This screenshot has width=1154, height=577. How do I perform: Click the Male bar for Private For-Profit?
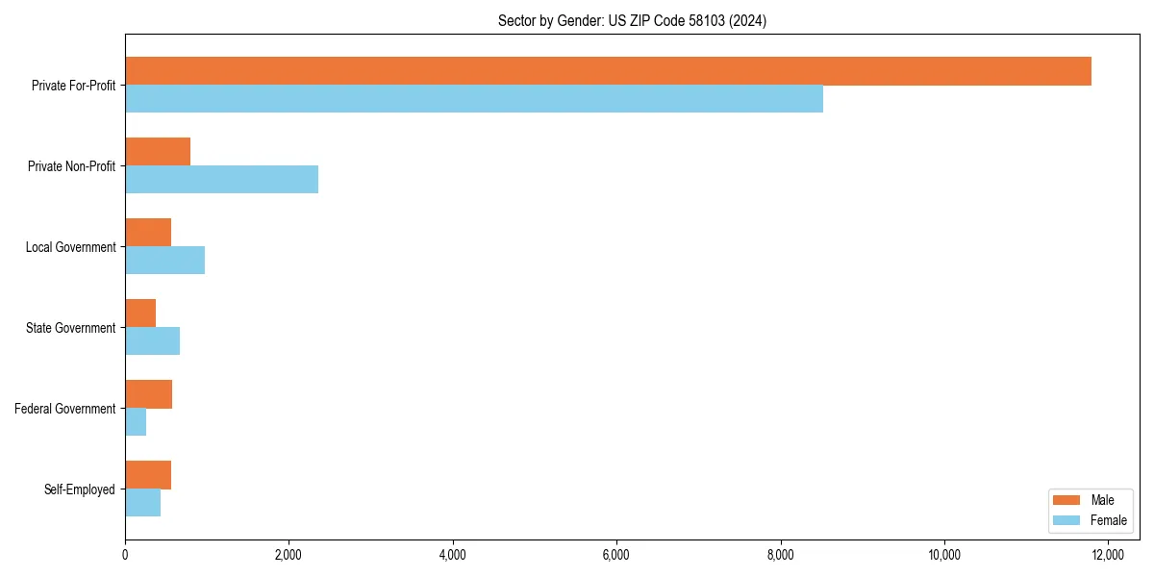(x=608, y=71)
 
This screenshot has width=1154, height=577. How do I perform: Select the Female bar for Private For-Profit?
(x=474, y=99)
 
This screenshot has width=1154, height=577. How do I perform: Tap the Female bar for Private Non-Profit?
(x=221, y=180)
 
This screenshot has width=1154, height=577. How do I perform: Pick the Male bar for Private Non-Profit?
(x=158, y=152)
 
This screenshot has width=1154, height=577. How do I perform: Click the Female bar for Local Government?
(x=164, y=261)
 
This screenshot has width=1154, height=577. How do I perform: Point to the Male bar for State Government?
(x=140, y=314)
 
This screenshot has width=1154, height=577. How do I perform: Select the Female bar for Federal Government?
(x=136, y=422)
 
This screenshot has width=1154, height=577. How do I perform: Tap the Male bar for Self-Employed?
(x=148, y=475)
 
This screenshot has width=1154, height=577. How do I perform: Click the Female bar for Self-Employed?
(x=142, y=503)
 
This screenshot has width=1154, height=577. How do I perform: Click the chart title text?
(x=632, y=20)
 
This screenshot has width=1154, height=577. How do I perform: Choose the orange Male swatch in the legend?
(x=1066, y=501)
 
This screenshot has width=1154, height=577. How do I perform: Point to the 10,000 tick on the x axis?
(x=944, y=554)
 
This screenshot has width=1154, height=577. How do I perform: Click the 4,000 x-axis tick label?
(x=452, y=554)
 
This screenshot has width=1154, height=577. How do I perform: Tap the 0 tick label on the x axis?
(x=125, y=554)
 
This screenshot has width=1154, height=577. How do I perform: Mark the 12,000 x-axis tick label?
(x=1108, y=554)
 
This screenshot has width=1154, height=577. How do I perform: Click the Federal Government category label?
(x=65, y=409)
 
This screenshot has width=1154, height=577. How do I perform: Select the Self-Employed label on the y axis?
(x=80, y=489)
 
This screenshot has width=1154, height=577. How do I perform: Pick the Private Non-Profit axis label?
(x=71, y=166)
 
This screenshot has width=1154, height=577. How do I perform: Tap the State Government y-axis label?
(x=71, y=328)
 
